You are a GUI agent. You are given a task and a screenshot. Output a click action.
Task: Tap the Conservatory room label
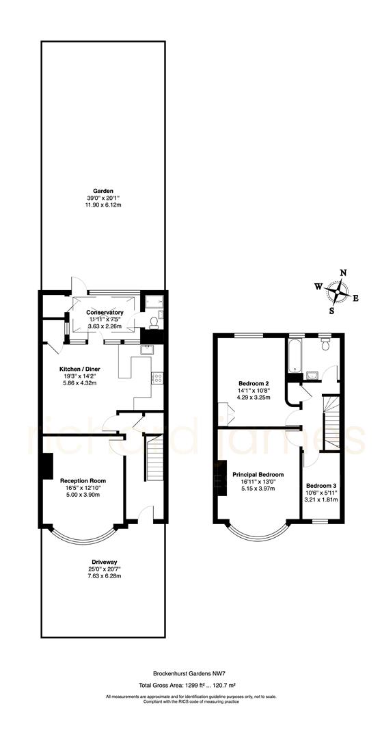coord(105,313)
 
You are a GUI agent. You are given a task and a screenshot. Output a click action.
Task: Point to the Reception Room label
coord(83,480)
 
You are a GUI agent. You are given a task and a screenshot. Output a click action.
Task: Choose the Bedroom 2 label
coord(252,383)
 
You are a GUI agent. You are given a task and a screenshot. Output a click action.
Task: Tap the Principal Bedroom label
coord(258,474)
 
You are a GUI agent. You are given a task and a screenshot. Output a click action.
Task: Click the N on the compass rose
coord(344,272)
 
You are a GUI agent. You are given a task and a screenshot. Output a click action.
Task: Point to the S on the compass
coord(331,310)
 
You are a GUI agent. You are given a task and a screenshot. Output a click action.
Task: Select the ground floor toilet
coord(154,322)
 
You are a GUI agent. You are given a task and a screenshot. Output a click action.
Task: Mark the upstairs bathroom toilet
coord(325,345)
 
